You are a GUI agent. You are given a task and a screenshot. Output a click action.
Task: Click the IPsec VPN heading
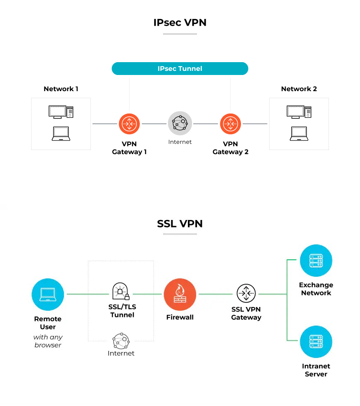pyautogui.click(x=180, y=22)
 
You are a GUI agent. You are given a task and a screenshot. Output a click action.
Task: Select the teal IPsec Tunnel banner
pyautogui.click(x=180, y=68)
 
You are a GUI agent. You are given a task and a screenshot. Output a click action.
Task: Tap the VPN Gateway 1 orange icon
pyautogui.click(x=129, y=123)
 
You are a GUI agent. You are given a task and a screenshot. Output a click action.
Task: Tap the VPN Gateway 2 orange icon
pyautogui.click(x=230, y=123)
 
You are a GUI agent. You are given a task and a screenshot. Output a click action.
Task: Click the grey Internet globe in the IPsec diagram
pyautogui.click(x=180, y=123)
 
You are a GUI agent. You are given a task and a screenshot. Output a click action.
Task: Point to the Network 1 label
pyautogui.click(x=61, y=89)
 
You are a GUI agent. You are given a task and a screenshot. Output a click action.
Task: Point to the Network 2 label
pyautogui.click(x=299, y=89)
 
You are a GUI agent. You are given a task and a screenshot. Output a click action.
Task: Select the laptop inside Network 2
pyautogui.click(x=299, y=133)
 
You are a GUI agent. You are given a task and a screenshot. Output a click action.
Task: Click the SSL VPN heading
pyautogui.click(x=180, y=224)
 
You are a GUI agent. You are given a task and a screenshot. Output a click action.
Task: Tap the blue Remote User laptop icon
pyautogui.click(x=48, y=294)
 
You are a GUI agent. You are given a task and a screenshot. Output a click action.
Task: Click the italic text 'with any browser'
pyautogui.click(x=48, y=341)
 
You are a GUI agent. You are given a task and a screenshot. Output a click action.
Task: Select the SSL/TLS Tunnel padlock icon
pyautogui.click(x=121, y=291)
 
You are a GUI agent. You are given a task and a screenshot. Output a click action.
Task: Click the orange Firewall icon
pyautogui.click(x=180, y=294)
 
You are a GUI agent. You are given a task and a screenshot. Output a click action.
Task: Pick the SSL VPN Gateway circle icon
pyautogui.click(x=246, y=293)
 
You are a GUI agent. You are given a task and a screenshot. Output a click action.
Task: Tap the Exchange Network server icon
pyautogui.click(x=316, y=261)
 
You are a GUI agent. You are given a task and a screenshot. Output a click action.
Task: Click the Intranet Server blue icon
pyautogui.click(x=316, y=342)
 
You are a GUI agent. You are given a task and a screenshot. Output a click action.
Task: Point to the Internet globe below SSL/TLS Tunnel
pyautogui.click(x=121, y=341)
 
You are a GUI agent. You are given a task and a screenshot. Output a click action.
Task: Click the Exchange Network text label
pyautogui.click(x=316, y=289)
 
